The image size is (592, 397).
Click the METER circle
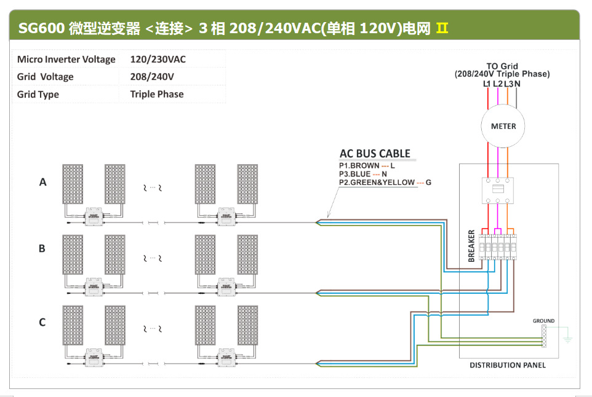point(503,126)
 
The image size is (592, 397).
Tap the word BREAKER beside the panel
point(472,246)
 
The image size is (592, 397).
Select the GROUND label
point(543,321)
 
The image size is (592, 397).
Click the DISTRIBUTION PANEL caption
point(507,365)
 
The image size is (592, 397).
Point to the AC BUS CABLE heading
point(375,154)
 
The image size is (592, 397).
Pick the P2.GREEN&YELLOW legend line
point(385,183)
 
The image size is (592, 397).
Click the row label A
point(42,182)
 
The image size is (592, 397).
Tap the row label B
point(42,248)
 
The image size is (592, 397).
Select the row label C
point(42,322)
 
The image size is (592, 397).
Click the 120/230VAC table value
point(158,60)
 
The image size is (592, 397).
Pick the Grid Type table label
point(38,94)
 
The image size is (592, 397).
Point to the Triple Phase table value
point(157,94)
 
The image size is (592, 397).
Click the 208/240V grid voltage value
point(152,77)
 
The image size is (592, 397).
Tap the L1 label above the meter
point(487,84)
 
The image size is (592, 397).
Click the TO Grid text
point(502,66)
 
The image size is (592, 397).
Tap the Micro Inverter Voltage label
point(66,60)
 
